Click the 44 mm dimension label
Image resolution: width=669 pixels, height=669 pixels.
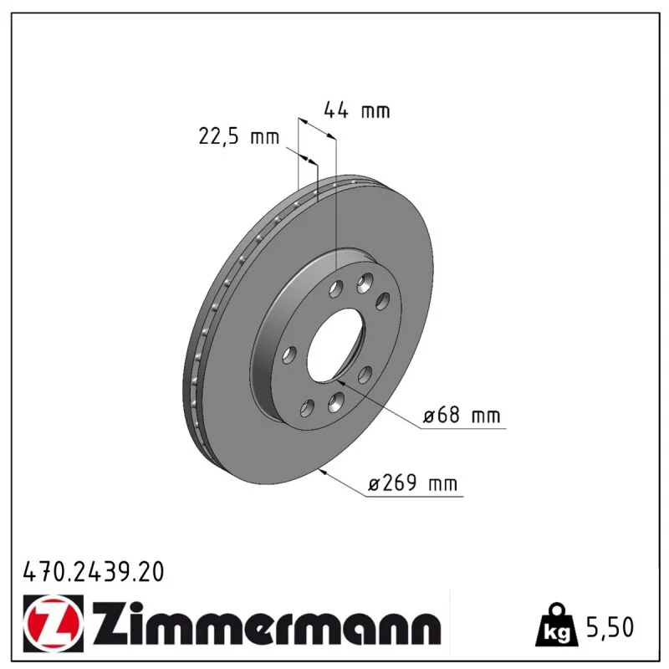[357, 110]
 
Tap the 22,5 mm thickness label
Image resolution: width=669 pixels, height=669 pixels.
[239, 136]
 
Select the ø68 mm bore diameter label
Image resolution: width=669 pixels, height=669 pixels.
[462, 415]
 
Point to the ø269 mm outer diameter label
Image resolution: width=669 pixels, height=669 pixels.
[412, 483]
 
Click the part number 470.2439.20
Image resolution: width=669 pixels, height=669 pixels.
[94, 571]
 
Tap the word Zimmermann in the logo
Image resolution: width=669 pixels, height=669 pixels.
[266, 624]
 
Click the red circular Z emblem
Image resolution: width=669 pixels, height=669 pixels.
[54, 623]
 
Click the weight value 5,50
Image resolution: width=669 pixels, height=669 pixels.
[610, 627]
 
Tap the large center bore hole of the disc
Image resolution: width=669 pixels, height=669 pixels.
[336, 345]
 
